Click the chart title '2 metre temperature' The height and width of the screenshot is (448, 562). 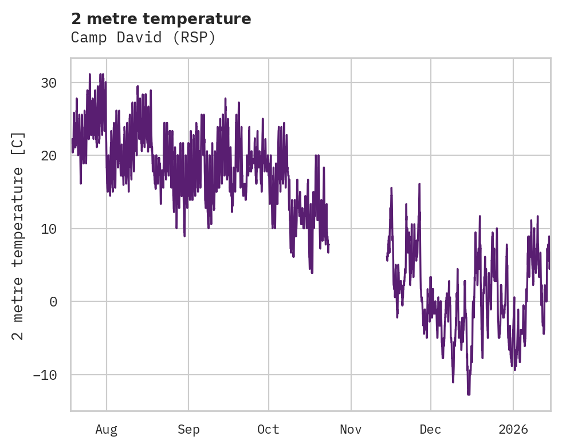coord(161,19)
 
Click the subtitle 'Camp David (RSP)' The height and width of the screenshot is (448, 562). coord(143,38)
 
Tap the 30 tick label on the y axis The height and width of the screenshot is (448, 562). coord(49,83)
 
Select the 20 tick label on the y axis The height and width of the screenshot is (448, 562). coord(49,156)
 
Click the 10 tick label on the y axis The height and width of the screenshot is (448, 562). coord(49,229)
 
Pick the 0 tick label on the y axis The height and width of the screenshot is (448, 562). coord(53,302)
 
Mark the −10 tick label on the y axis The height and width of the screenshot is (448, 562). coord(45,375)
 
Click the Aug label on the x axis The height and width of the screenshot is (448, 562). coord(107,429)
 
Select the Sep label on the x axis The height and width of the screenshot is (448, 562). coord(188,429)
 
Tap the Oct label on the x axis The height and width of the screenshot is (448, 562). coord(268,429)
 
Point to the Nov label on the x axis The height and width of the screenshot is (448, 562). coord(351,429)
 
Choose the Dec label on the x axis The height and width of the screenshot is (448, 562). coord(430,429)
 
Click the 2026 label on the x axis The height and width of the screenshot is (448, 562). coord(513,429)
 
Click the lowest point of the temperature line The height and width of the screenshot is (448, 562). coord(468,394)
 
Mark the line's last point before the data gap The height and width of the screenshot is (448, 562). coord(329,245)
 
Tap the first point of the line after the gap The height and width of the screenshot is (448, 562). coord(387,259)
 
